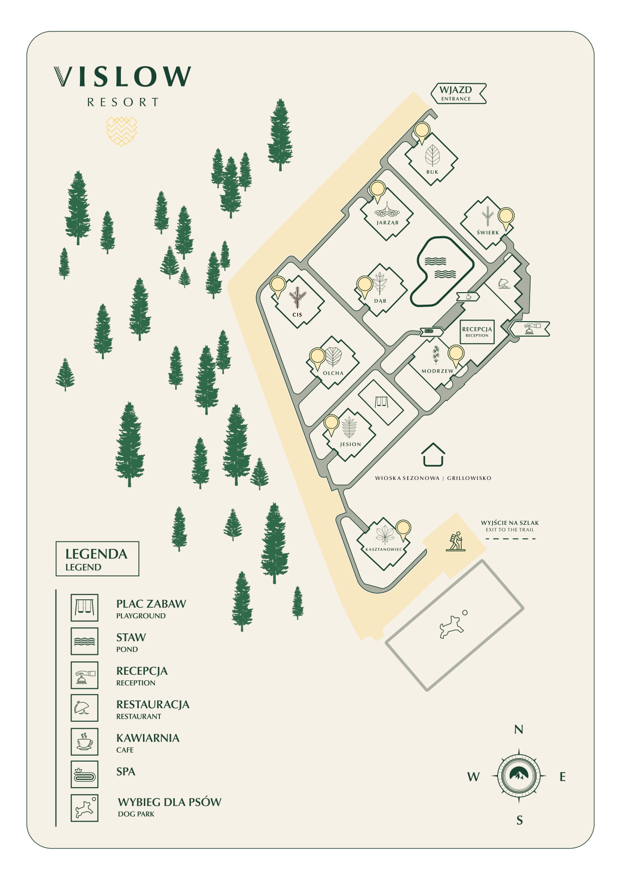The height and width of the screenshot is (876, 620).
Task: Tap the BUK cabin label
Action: tap(432, 172)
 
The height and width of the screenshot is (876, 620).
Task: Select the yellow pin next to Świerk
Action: tap(506, 217)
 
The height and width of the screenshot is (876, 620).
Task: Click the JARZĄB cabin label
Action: tap(388, 223)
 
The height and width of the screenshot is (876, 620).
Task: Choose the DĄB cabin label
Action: tap(380, 301)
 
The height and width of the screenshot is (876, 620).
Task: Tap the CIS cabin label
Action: tap(297, 315)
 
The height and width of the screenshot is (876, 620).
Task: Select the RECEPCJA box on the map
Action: tap(477, 332)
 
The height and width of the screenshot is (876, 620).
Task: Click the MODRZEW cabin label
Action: tap(438, 371)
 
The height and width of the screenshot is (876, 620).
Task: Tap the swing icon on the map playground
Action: tap(382, 402)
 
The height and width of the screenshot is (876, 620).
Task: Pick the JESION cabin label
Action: tap(350, 444)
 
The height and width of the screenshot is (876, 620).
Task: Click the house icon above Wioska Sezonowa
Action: tap(433, 454)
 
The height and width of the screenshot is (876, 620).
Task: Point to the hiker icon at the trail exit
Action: tap(455, 541)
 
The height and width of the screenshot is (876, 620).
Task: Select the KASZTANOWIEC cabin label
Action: tap(384, 549)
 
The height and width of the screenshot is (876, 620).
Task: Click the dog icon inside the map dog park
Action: tap(452, 626)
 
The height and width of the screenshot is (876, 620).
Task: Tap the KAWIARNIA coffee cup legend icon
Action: tap(84, 742)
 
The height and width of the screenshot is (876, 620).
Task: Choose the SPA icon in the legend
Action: tap(84, 775)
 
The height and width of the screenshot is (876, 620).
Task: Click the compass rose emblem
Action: tap(519, 776)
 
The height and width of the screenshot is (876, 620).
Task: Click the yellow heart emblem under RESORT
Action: tap(121, 131)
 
